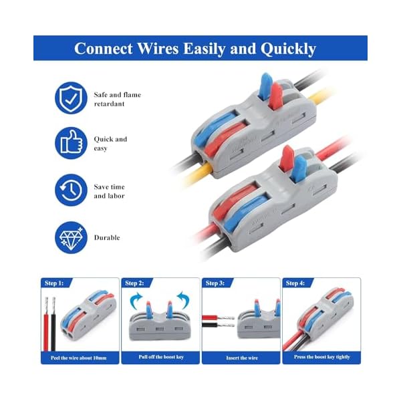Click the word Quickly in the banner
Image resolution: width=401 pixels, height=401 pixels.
coord(288,49)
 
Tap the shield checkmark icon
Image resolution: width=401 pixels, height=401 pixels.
coord(71,98)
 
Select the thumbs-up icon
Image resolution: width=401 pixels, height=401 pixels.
coord(71,143)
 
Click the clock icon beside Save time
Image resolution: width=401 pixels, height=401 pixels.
coord(71,190)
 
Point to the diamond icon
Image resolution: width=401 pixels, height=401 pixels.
coord(71,237)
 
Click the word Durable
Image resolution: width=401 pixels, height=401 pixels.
coord(107,238)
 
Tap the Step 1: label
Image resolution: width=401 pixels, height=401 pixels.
coord(54,283)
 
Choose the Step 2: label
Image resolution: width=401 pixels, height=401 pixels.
coord(134,283)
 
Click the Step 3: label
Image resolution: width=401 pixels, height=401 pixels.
coord(215,283)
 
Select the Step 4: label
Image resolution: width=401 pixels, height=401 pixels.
coord(295,283)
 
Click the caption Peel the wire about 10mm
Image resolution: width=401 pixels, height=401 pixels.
coord(78,358)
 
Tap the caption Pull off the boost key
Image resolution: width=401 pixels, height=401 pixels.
coord(161,357)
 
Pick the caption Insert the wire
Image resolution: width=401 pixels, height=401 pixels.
coord(242,358)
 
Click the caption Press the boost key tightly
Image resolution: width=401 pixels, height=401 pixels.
coord(322,357)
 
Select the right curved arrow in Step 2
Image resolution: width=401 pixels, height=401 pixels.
coord(183,300)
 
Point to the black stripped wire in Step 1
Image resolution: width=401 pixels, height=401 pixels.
coord(53,324)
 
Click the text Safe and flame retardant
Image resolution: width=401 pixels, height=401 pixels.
coord(118,99)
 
